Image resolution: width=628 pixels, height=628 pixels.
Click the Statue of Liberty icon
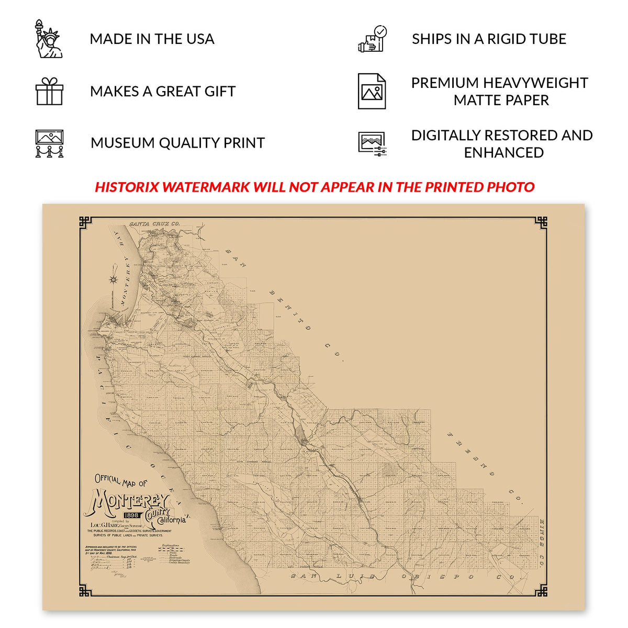(x=49, y=39)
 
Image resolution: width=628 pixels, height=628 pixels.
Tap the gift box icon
(x=49, y=91)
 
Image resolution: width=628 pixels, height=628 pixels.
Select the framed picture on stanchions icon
(x=49, y=143)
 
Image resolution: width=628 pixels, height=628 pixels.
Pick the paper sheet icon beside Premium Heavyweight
(x=372, y=91)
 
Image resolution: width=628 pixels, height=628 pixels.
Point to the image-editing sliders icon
(x=372, y=143)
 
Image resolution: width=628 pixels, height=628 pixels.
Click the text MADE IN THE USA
(x=152, y=39)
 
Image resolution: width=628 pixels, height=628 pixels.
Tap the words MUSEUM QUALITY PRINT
(x=177, y=143)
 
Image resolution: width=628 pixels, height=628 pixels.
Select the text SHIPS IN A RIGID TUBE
(x=489, y=39)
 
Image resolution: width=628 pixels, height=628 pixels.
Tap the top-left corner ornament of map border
(x=85, y=222)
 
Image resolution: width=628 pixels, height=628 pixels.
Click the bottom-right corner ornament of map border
(x=541, y=591)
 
